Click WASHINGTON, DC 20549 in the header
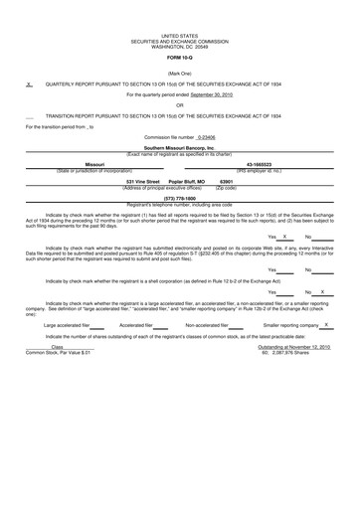pyautogui.click(x=180, y=47)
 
